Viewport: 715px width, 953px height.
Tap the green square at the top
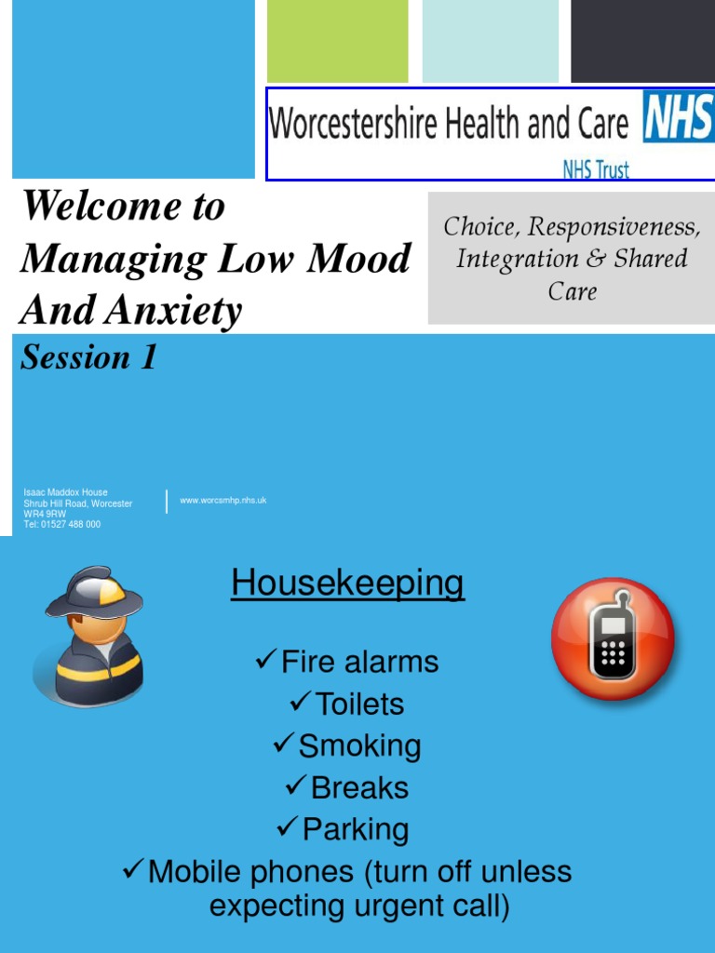coord(337,41)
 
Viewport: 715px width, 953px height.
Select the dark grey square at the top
coord(642,41)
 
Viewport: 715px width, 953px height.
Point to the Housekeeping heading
coord(347,584)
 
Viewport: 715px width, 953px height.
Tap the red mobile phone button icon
coord(613,639)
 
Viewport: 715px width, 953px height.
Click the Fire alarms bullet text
coord(359,663)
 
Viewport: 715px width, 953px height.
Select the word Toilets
coord(359,705)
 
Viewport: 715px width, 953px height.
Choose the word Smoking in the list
coord(359,746)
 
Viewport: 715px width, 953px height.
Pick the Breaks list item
coord(359,788)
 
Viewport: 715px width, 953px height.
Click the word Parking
coord(356,830)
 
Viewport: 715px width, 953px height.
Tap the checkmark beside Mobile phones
coord(133,871)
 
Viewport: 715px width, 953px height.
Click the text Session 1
coord(89,357)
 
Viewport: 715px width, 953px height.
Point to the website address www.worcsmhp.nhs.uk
coord(223,501)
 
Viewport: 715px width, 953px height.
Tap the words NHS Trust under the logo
coord(596,169)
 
